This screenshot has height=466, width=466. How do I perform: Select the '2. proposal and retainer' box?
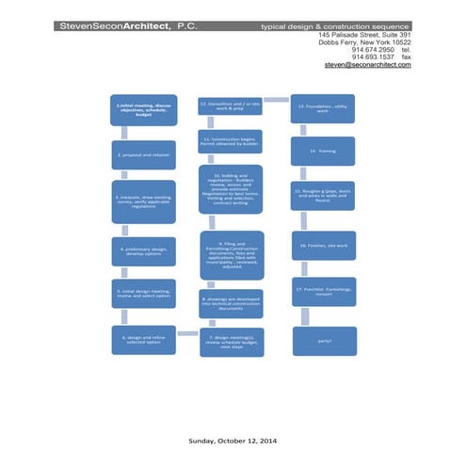[144, 153]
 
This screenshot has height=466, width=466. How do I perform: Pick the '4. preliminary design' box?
[144, 250]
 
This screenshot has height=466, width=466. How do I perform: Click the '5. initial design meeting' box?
[144, 294]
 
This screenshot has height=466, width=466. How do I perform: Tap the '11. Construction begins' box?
[230, 142]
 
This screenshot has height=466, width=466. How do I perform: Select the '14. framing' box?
[323, 150]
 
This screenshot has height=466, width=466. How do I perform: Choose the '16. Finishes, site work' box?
[323, 245]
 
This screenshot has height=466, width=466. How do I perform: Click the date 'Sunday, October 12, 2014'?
[232, 439]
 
